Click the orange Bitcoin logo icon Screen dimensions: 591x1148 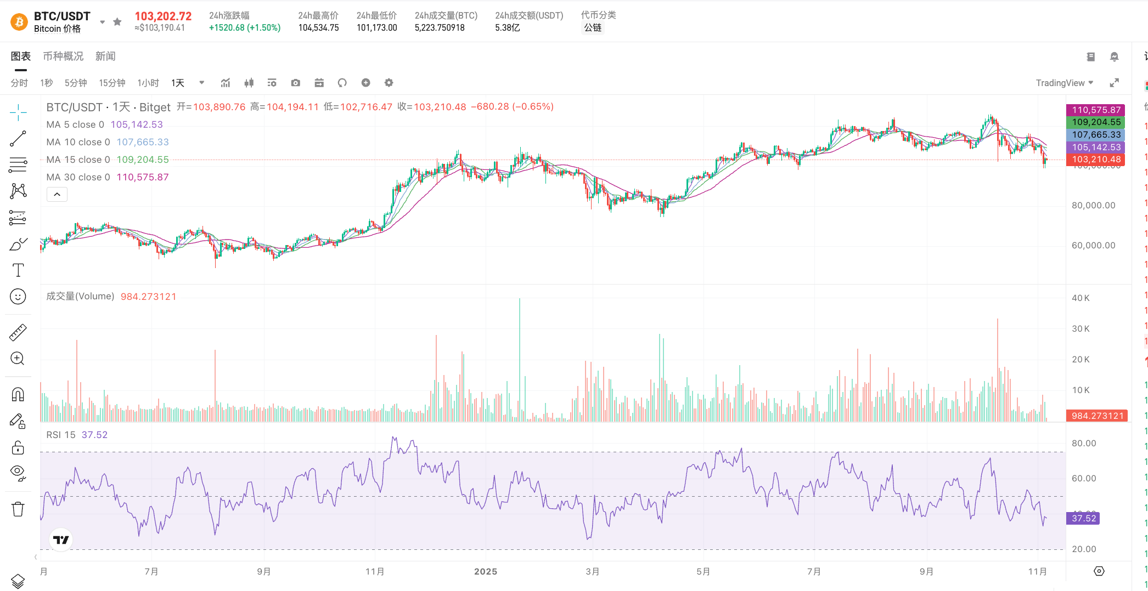[19, 21]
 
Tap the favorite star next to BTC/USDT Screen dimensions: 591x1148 [117, 22]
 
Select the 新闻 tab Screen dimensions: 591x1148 [105, 56]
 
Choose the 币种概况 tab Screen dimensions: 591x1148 [63, 56]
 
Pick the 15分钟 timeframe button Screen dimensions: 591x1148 [112, 83]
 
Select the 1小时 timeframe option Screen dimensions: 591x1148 [148, 83]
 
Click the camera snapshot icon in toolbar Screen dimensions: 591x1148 [296, 83]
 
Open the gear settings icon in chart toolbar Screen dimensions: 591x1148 [389, 83]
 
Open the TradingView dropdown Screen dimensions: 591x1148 [1064, 83]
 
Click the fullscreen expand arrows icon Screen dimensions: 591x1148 [1114, 83]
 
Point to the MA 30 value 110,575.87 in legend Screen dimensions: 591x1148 [143, 177]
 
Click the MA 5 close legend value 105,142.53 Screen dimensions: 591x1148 [137, 124]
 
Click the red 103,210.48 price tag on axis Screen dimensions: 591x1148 [1095, 160]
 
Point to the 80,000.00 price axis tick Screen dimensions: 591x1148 [1093, 206]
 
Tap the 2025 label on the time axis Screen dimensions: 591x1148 [486, 571]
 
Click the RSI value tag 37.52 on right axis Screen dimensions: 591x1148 [1083, 518]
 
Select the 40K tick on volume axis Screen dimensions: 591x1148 [1081, 298]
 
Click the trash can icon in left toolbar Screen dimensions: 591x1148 [18, 509]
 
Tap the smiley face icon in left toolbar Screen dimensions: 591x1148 [18, 297]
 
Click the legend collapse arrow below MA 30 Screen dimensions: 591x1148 [57, 195]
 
